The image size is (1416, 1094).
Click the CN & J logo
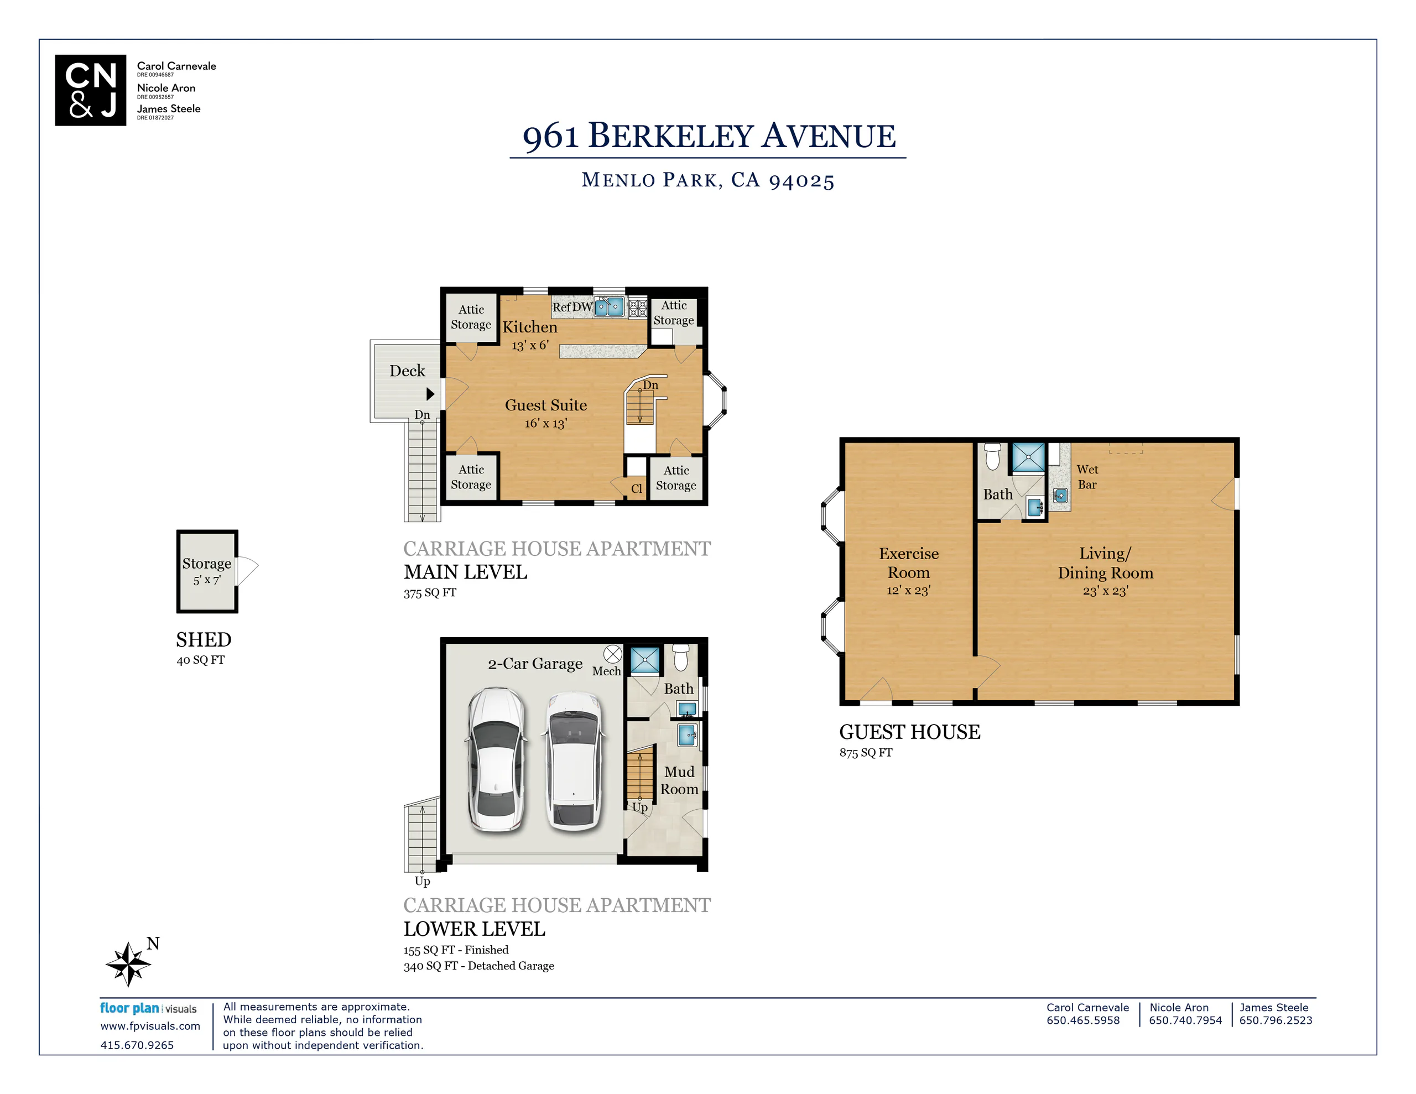[x=90, y=90]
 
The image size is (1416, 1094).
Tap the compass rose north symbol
[x=128, y=963]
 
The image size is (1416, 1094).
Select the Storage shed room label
[x=207, y=564]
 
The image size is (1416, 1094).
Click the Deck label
[x=407, y=371]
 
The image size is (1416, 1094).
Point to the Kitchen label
[x=530, y=327]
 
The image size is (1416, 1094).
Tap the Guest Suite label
[x=546, y=405]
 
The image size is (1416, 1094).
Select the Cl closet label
[x=637, y=489]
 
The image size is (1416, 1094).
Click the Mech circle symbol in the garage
[x=613, y=654]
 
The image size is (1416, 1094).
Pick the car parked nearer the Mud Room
[x=574, y=760]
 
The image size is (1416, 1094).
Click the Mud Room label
[x=679, y=780]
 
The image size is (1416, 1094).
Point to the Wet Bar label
[x=1087, y=477]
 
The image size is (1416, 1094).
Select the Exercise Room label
[x=908, y=563]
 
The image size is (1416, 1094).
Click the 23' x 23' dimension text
[x=1106, y=591]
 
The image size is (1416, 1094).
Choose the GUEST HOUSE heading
[x=910, y=732]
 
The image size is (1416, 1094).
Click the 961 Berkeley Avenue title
[x=709, y=136]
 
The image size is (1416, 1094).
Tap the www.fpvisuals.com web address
[x=150, y=1026]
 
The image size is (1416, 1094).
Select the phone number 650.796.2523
[x=1276, y=1020]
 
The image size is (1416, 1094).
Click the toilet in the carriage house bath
[x=680, y=657]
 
